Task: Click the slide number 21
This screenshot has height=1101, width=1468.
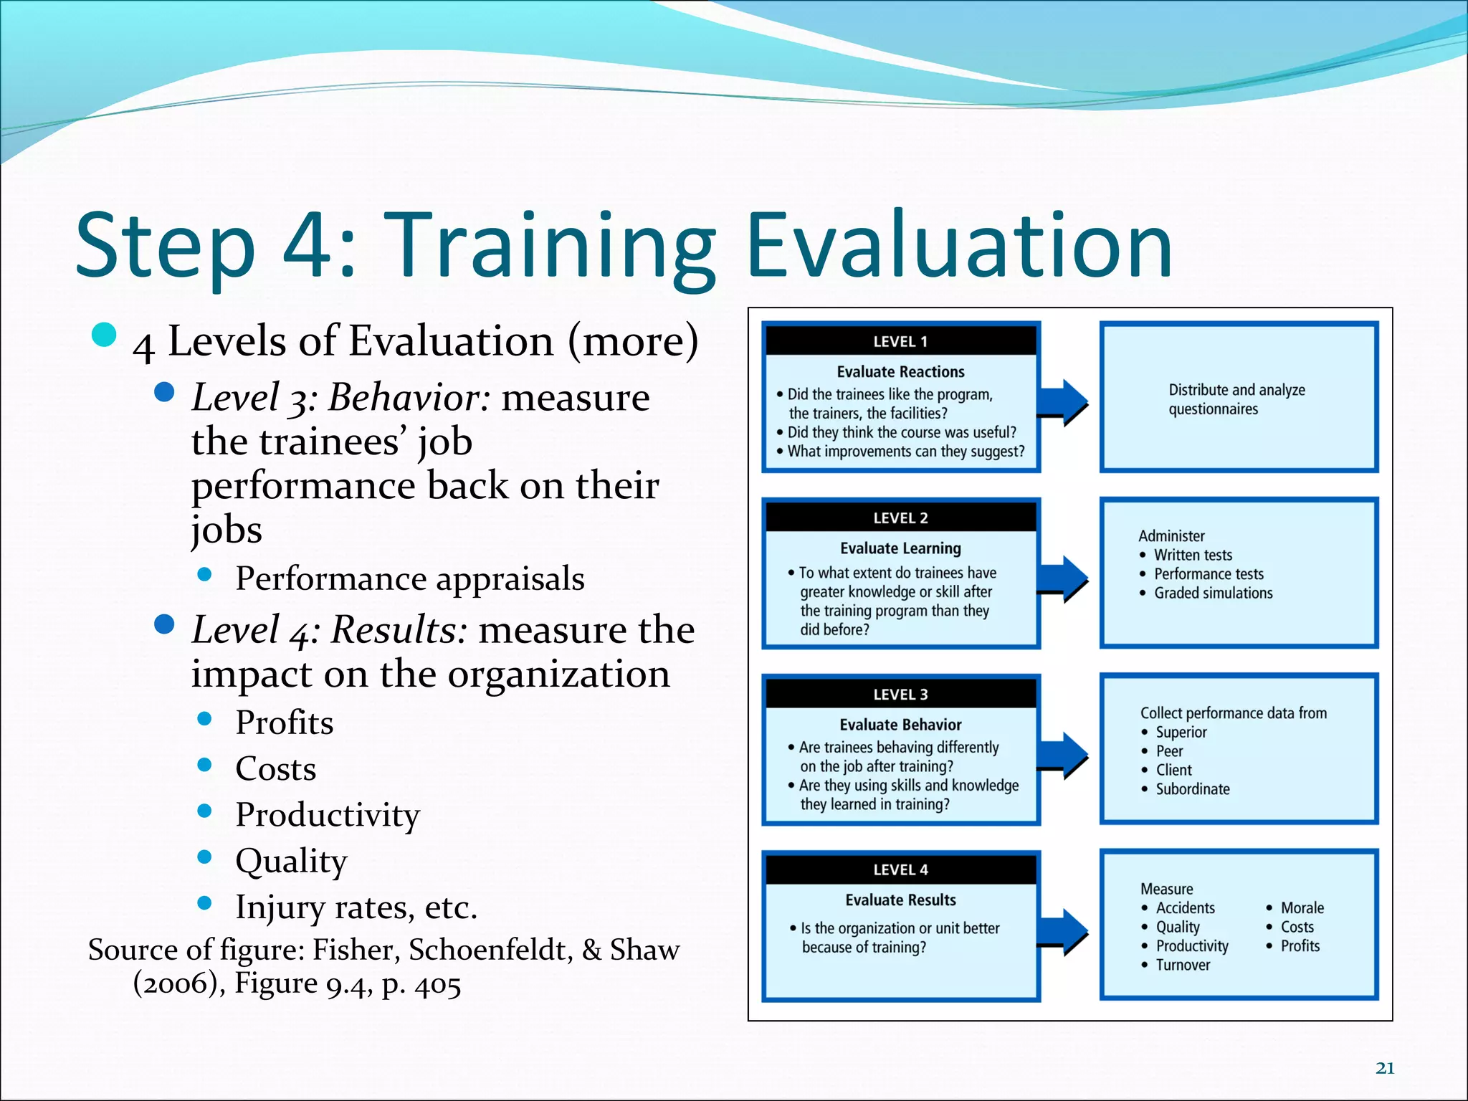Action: [1385, 1068]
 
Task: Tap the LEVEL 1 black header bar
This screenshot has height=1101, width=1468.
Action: [900, 341]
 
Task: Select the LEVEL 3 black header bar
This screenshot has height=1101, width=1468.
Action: [900, 694]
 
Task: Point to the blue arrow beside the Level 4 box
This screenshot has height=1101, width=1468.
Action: [1064, 932]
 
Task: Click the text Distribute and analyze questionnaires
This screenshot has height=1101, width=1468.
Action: [1236, 399]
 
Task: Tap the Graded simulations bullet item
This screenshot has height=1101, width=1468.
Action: [1213, 594]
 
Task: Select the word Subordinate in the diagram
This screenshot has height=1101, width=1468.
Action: [1192, 789]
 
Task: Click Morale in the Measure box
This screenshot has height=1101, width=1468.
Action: [1302, 908]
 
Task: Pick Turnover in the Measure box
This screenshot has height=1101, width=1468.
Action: [1183, 966]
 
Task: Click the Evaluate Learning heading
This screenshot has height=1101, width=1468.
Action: [900, 548]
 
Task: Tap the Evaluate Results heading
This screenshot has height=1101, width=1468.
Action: [900, 900]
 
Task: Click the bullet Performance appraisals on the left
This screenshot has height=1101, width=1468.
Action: [409, 578]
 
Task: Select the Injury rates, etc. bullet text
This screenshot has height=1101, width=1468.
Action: [356, 907]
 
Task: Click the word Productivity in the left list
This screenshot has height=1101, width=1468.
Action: [328, 815]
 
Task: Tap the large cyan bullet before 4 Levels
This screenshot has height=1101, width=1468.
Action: [105, 335]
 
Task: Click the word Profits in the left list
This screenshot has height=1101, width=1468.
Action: [285, 723]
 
